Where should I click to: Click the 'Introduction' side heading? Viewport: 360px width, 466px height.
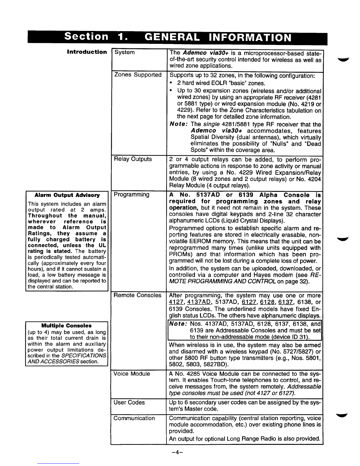[87, 52]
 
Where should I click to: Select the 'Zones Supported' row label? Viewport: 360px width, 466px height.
[138, 75]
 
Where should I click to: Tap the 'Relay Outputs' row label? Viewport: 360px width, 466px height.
[133, 159]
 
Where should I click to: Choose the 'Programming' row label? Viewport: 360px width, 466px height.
[131, 195]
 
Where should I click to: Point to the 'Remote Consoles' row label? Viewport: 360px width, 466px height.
[138, 295]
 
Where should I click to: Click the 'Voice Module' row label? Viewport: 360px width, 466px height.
[132, 374]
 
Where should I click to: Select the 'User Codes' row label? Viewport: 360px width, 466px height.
[129, 402]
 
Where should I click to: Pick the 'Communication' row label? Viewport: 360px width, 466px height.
[134, 418]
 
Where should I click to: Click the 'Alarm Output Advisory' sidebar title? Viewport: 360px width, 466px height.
[67, 195]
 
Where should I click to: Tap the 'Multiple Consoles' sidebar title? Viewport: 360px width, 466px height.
[66, 326]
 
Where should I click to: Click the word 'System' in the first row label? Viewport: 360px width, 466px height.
[124, 52]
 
